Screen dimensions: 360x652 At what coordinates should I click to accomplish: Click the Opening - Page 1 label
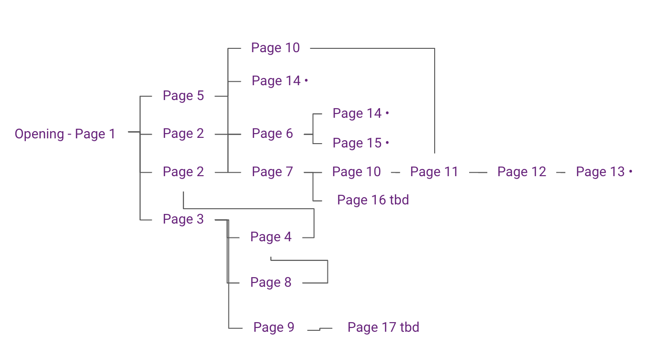65,134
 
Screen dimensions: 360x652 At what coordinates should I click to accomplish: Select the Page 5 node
183,96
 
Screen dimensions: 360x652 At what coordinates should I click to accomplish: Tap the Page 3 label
183,219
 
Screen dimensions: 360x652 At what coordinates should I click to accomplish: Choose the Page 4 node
271,237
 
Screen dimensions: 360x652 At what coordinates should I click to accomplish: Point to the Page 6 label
272,134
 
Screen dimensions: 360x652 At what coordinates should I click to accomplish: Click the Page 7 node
272,172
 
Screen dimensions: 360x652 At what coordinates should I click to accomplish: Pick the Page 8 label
271,282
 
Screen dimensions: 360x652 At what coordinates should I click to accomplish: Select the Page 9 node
274,327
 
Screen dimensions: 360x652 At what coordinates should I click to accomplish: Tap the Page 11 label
434,172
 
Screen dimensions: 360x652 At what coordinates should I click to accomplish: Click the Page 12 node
522,172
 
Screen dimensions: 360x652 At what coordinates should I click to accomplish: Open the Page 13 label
600,172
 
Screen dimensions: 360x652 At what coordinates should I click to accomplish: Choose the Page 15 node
357,143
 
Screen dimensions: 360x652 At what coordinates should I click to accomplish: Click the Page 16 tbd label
373,200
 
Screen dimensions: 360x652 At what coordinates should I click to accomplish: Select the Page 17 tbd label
383,327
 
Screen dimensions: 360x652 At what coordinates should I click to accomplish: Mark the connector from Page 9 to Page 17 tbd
319,329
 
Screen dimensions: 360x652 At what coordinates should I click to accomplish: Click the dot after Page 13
630,171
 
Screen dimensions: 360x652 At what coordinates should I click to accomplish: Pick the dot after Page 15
387,143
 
